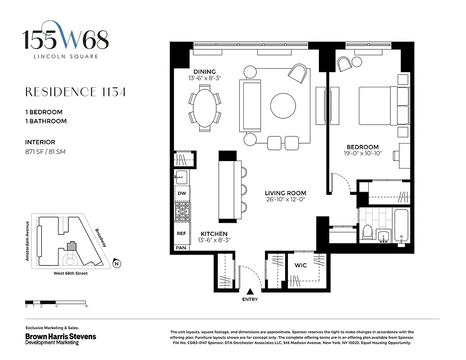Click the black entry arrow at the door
[250, 292]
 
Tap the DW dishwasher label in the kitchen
[182, 193]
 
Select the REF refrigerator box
[182, 234]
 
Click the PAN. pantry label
[182, 247]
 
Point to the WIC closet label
[300, 265]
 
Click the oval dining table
[205, 108]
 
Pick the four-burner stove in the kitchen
[182, 211]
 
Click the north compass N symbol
[116, 264]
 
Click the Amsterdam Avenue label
[27, 241]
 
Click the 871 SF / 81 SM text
[45, 152]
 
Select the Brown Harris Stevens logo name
[60, 336]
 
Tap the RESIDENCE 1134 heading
[75, 92]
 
